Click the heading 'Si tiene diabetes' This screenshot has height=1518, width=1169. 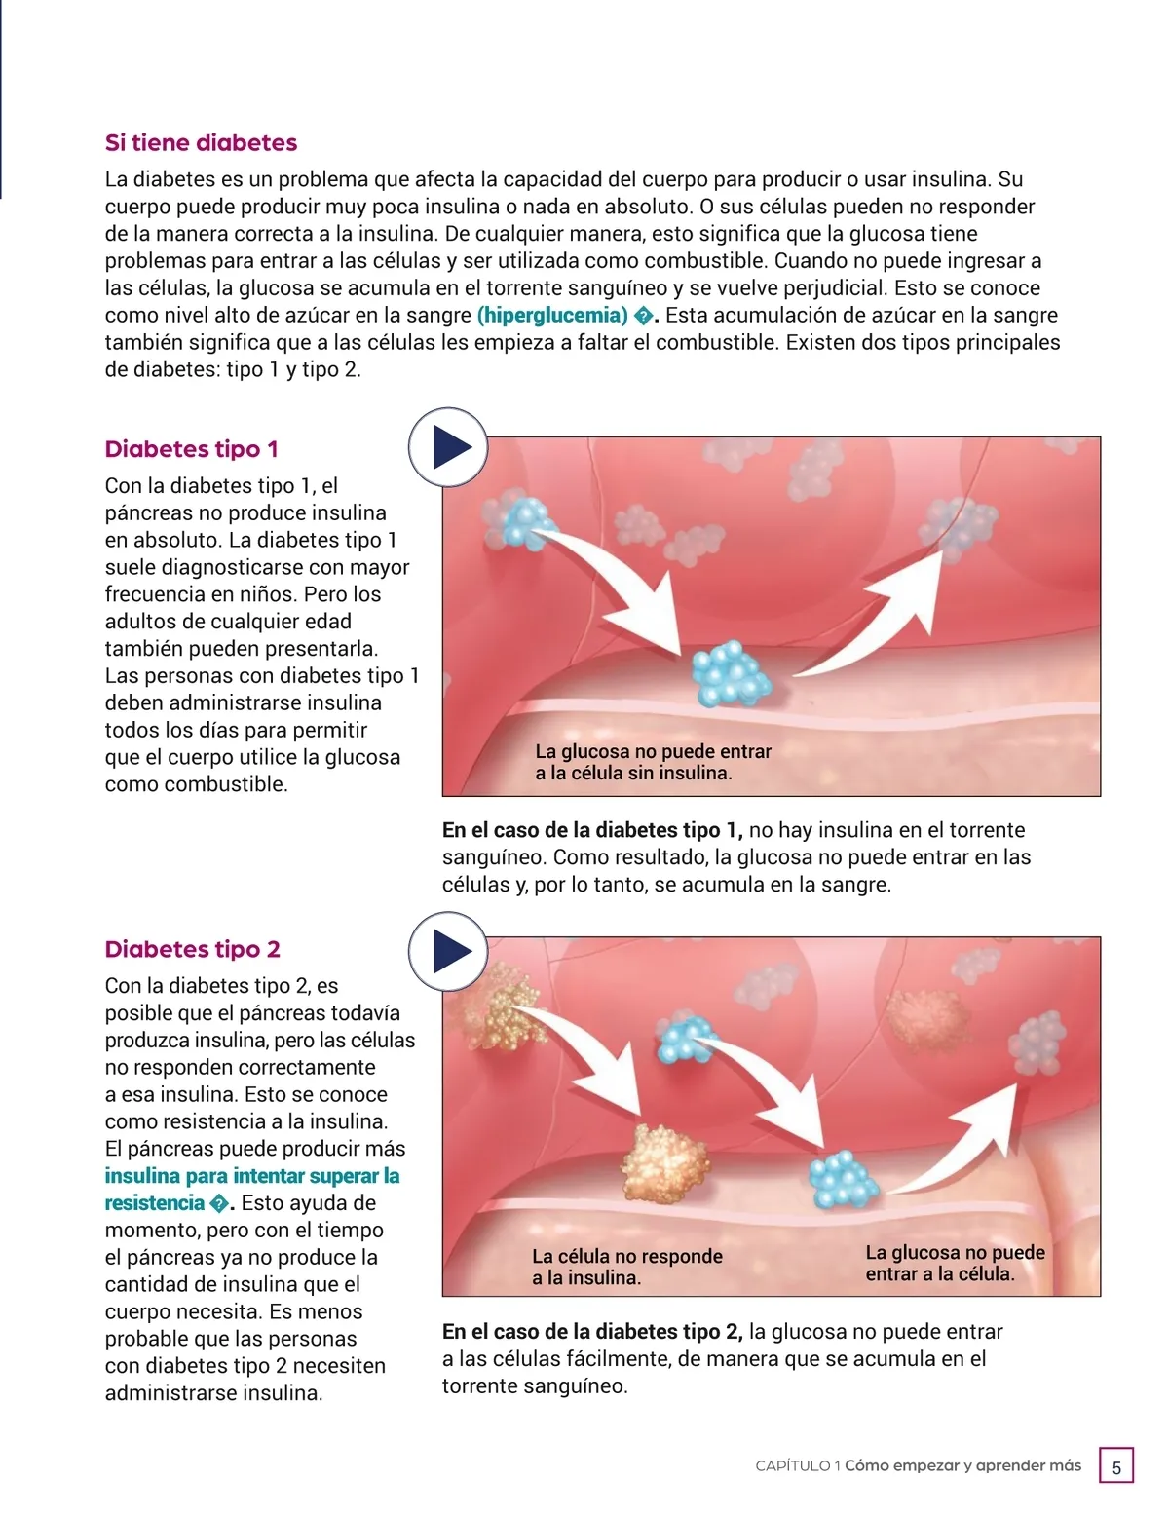tap(201, 143)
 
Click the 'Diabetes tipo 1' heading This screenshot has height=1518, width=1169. tap(191, 449)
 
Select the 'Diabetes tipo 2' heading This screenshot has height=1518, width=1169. tap(192, 949)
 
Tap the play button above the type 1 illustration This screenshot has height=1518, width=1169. tap(447, 447)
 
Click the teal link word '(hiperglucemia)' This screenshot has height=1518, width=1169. tap(552, 315)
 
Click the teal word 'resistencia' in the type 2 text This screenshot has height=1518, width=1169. tap(154, 1202)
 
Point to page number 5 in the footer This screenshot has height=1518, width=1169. tap(1116, 1467)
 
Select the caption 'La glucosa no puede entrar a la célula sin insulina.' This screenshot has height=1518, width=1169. tap(653, 762)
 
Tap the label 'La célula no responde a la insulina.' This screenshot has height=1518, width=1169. tap(626, 1267)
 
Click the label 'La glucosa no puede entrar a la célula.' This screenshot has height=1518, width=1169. tap(955, 1263)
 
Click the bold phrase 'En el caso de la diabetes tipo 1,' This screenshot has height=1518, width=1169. tap(592, 830)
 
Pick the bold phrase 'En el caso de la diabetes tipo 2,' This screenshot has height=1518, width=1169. tap(592, 1331)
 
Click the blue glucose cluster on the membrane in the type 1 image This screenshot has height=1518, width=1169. tap(729, 673)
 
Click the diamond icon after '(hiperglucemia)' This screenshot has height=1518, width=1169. tap(643, 316)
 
